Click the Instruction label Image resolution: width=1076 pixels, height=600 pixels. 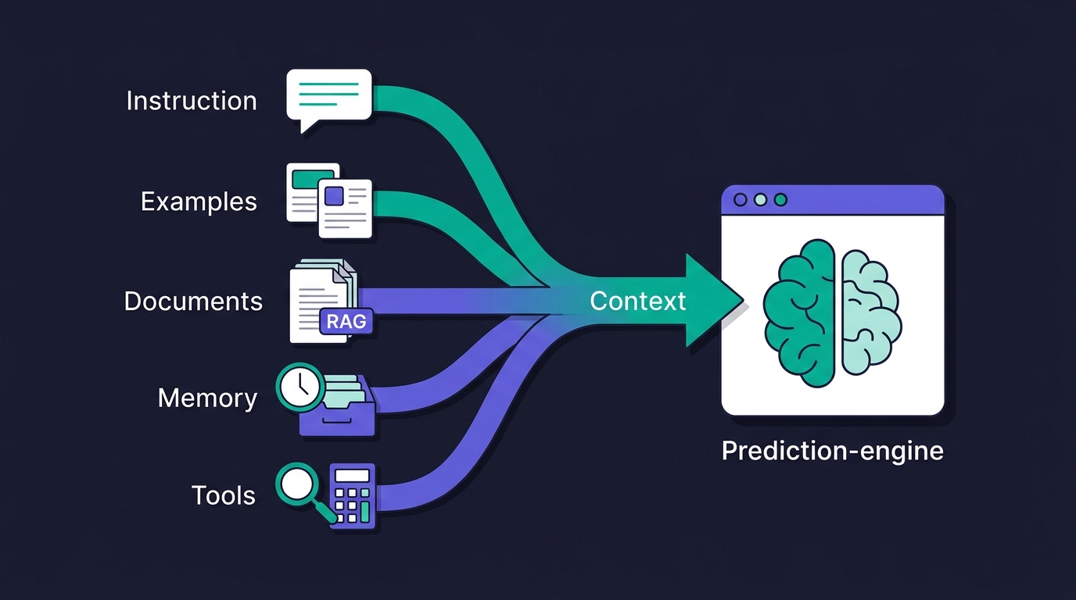pos(192,101)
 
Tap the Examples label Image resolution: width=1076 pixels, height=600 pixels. pos(199,201)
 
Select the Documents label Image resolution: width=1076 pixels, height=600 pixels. pos(193,301)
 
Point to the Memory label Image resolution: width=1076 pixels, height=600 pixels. pos(207,398)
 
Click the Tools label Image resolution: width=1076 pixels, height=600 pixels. pos(224,495)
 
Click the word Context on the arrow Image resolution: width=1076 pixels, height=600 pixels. pos(637,301)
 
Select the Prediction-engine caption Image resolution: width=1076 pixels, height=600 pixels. pos(833,451)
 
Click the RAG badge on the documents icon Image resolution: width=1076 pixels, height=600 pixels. pos(346,321)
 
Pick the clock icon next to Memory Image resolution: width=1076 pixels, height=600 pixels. pos(300,387)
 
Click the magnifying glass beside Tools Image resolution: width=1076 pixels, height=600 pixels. pos(303,490)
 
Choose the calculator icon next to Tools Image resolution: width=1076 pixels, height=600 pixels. pos(353,497)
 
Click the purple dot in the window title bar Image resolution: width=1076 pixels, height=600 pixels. pos(741,200)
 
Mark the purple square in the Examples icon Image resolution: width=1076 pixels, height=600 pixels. pos(335,196)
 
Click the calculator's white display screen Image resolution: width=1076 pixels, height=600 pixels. pos(352,475)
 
